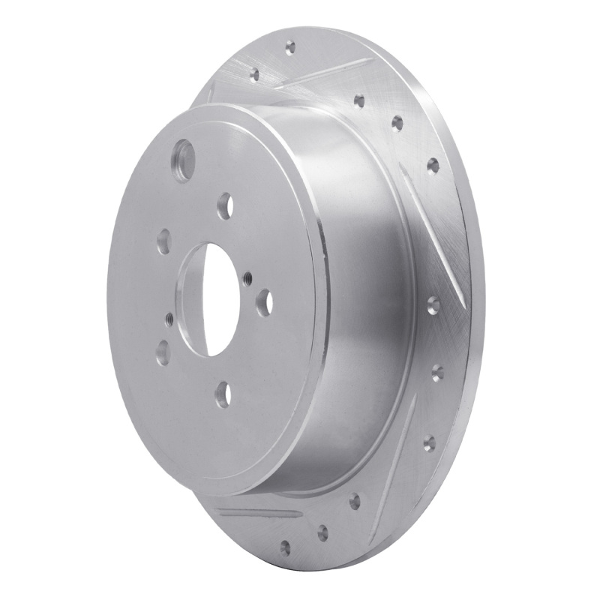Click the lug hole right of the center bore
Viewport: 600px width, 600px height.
[x=265, y=301]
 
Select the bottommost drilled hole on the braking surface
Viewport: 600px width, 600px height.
[x=285, y=547]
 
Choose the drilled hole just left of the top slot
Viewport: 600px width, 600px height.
[x=255, y=73]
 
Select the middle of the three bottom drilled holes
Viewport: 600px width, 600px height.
[x=323, y=533]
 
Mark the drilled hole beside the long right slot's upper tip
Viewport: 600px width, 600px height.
[x=397, y=121]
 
